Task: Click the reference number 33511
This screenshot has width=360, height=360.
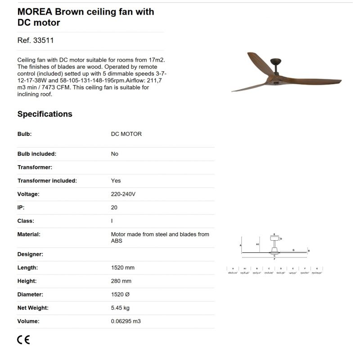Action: tap(44, 40)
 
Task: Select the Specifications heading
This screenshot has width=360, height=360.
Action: tap(45, 114)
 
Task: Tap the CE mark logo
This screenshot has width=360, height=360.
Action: tap(23, 340)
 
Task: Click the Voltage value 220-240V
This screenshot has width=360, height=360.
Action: tap(123, 194)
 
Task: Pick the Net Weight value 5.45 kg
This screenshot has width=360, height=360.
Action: tap(120, 308)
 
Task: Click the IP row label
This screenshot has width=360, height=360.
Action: tap(21, 207)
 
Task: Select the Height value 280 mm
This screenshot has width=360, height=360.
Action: tap(121, 281)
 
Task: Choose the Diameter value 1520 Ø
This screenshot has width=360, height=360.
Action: tap(120, 294)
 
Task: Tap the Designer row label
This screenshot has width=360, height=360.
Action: tap(30, 254)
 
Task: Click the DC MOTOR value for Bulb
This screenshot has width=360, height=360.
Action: tap(126, 134)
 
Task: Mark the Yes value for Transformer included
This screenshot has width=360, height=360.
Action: tap(116, 180)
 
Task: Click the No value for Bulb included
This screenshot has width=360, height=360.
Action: tap(115, 154)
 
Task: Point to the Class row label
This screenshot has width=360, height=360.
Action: tap(26, 221)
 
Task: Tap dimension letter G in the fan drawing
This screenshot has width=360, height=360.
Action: tap(293, 249)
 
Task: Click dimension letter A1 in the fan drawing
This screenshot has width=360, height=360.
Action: tap(257, 243)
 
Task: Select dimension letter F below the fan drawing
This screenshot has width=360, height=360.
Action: tap(274, 259)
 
